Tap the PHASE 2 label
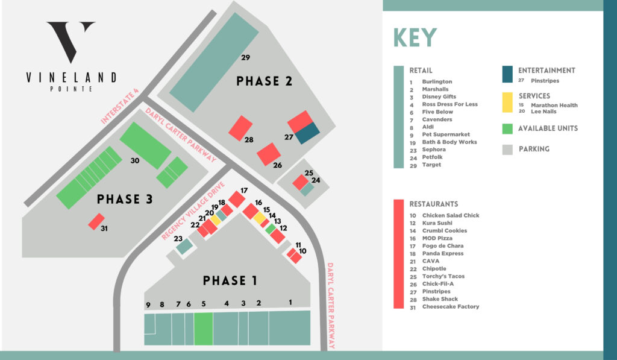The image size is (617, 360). tap(264, 81)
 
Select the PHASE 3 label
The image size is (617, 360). tap(124, 200)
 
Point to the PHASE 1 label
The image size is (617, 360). tap(230, 280)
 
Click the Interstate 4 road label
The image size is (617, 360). tap(120, 106)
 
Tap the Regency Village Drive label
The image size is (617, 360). tap(193, 210)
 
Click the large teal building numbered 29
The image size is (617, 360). tap(214, 62)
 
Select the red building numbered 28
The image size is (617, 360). tap(240, 128)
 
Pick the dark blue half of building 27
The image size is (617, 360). tap(308, 133)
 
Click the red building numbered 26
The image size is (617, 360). tap(269, 154)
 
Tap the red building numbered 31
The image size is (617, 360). tap(96, 222)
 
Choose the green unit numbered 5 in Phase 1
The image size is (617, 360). tap(204, 329)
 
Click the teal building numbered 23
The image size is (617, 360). tap(184, 247)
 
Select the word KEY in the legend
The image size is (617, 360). tap(415, 38)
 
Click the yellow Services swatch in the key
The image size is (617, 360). tap(507, 103)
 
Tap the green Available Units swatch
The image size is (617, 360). tap(507, 129)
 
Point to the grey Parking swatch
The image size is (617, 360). tap(507, 150)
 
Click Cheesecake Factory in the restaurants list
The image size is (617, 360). tap(451, 306)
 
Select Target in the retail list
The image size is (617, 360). tap(431, 165)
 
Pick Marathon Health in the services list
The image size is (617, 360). tap(554, 105)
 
